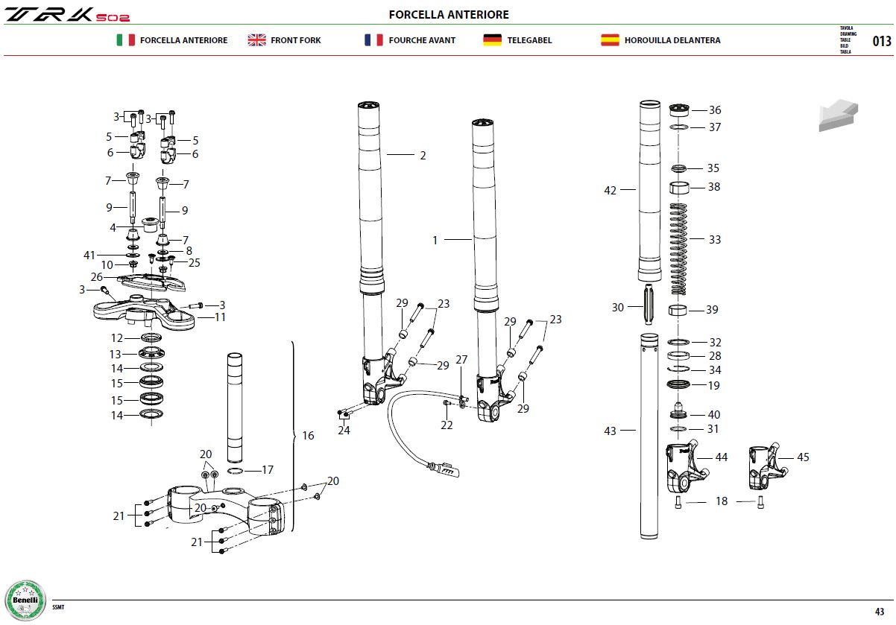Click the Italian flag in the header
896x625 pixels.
click(125, 40)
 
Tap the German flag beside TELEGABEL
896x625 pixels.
click(492, 40)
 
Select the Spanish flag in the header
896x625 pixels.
click(610, 40)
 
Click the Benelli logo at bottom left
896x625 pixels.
click(25, 600)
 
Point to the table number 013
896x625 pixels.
click(882, 41)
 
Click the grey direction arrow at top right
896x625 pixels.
click(838, 115)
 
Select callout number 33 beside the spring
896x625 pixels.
click(715, 239)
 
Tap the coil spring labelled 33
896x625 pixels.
click(678, 249)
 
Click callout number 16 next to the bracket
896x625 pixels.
click(308, 436)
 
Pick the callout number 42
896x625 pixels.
click(610, 190)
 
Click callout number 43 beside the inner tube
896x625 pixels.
click(610, 431)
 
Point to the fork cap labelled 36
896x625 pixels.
click(679, 110)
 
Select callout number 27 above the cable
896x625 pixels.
click(461, 360)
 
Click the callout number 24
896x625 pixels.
click(344, 430)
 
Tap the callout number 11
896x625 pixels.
click(221, 317)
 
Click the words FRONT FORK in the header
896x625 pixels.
click(296, 40)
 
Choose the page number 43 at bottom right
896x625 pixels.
click(880, 612)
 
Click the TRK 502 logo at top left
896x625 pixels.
click(67, 14)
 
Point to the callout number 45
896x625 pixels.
click(803, 457)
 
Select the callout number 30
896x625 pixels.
click(618, 308)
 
